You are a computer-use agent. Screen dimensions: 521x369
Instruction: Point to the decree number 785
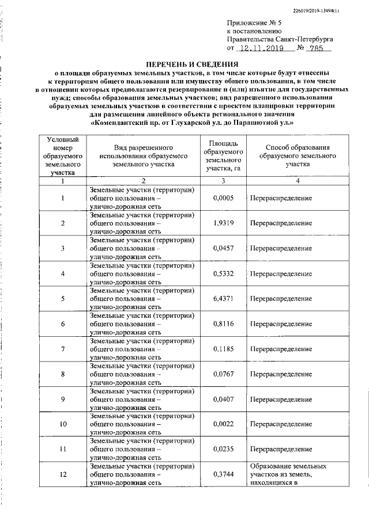pyautogui.click(x=317, y=50)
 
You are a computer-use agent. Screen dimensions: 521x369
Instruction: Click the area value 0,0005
pyautogui.click(x=222, y=198)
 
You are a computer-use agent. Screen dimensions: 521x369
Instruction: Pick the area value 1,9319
pyautogui.click(x=222, y=223)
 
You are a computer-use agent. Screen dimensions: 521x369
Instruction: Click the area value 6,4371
pyautogui.click(x=222, y=298)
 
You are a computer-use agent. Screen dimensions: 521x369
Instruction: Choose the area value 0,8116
pyautogui.click(x=222, y=324)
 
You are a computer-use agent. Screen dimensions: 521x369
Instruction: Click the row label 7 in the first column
pyautogui.click(x=62, y=349)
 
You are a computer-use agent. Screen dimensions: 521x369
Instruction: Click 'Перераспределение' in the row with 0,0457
pyautogui.click(x=281, y=248)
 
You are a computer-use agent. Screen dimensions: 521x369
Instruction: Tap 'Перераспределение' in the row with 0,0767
pyautogui.click(x=281, y=374)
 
